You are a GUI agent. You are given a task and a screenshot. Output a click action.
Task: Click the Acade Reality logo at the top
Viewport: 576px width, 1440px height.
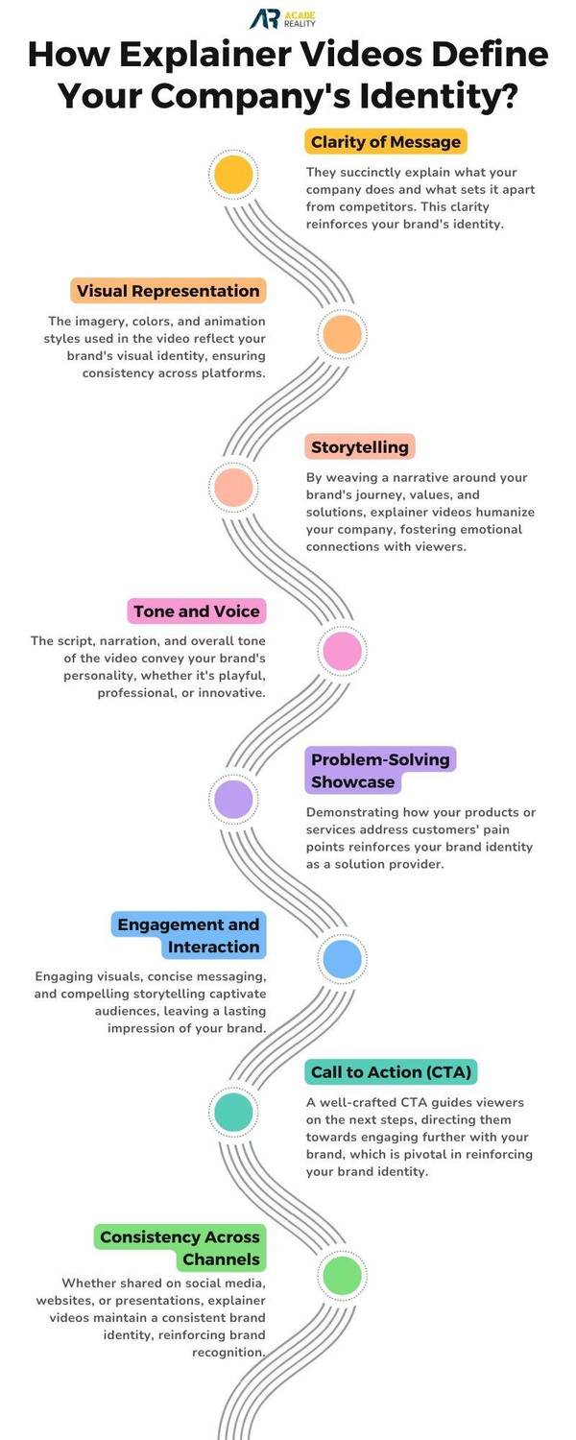pos(282,18)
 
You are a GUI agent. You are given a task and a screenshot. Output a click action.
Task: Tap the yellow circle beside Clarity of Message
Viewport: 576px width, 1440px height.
pos(233,175)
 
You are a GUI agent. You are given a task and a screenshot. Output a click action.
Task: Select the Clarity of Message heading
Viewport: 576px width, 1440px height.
pos(386,142)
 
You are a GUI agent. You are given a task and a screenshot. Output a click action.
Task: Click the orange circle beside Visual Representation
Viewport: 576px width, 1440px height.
pos(342,334)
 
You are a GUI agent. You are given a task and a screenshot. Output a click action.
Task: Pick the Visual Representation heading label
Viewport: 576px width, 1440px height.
pos(168,291)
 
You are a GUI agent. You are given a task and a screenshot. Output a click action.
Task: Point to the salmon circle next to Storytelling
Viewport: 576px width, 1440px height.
pos(233,487)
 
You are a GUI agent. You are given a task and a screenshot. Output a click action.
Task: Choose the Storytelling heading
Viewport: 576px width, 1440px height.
pos(360,446)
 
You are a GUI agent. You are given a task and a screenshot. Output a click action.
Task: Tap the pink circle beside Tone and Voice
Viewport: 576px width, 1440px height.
pos(342,652)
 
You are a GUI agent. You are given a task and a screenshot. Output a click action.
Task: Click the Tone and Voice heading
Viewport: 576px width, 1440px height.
pos(197,612)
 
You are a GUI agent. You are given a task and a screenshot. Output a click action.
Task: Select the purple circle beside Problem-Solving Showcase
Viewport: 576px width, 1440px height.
pos(233,800)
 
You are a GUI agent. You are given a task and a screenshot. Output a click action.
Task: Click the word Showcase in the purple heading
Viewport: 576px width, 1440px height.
pos(352,782)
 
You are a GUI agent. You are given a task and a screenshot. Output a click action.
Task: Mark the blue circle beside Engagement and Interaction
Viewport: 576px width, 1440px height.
pos(342,959)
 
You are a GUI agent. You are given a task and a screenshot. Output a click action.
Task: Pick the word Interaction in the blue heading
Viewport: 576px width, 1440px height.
pos(214,947)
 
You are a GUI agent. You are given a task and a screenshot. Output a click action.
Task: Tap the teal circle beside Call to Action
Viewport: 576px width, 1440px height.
pos(233,1112)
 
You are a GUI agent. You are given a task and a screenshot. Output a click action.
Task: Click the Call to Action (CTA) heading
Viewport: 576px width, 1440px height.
pos(392,1072)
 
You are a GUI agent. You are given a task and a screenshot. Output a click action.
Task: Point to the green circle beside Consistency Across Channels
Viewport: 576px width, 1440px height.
pos(342,1276)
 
